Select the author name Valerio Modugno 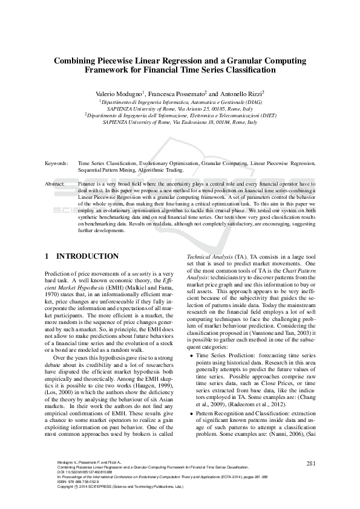coord(119,94)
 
